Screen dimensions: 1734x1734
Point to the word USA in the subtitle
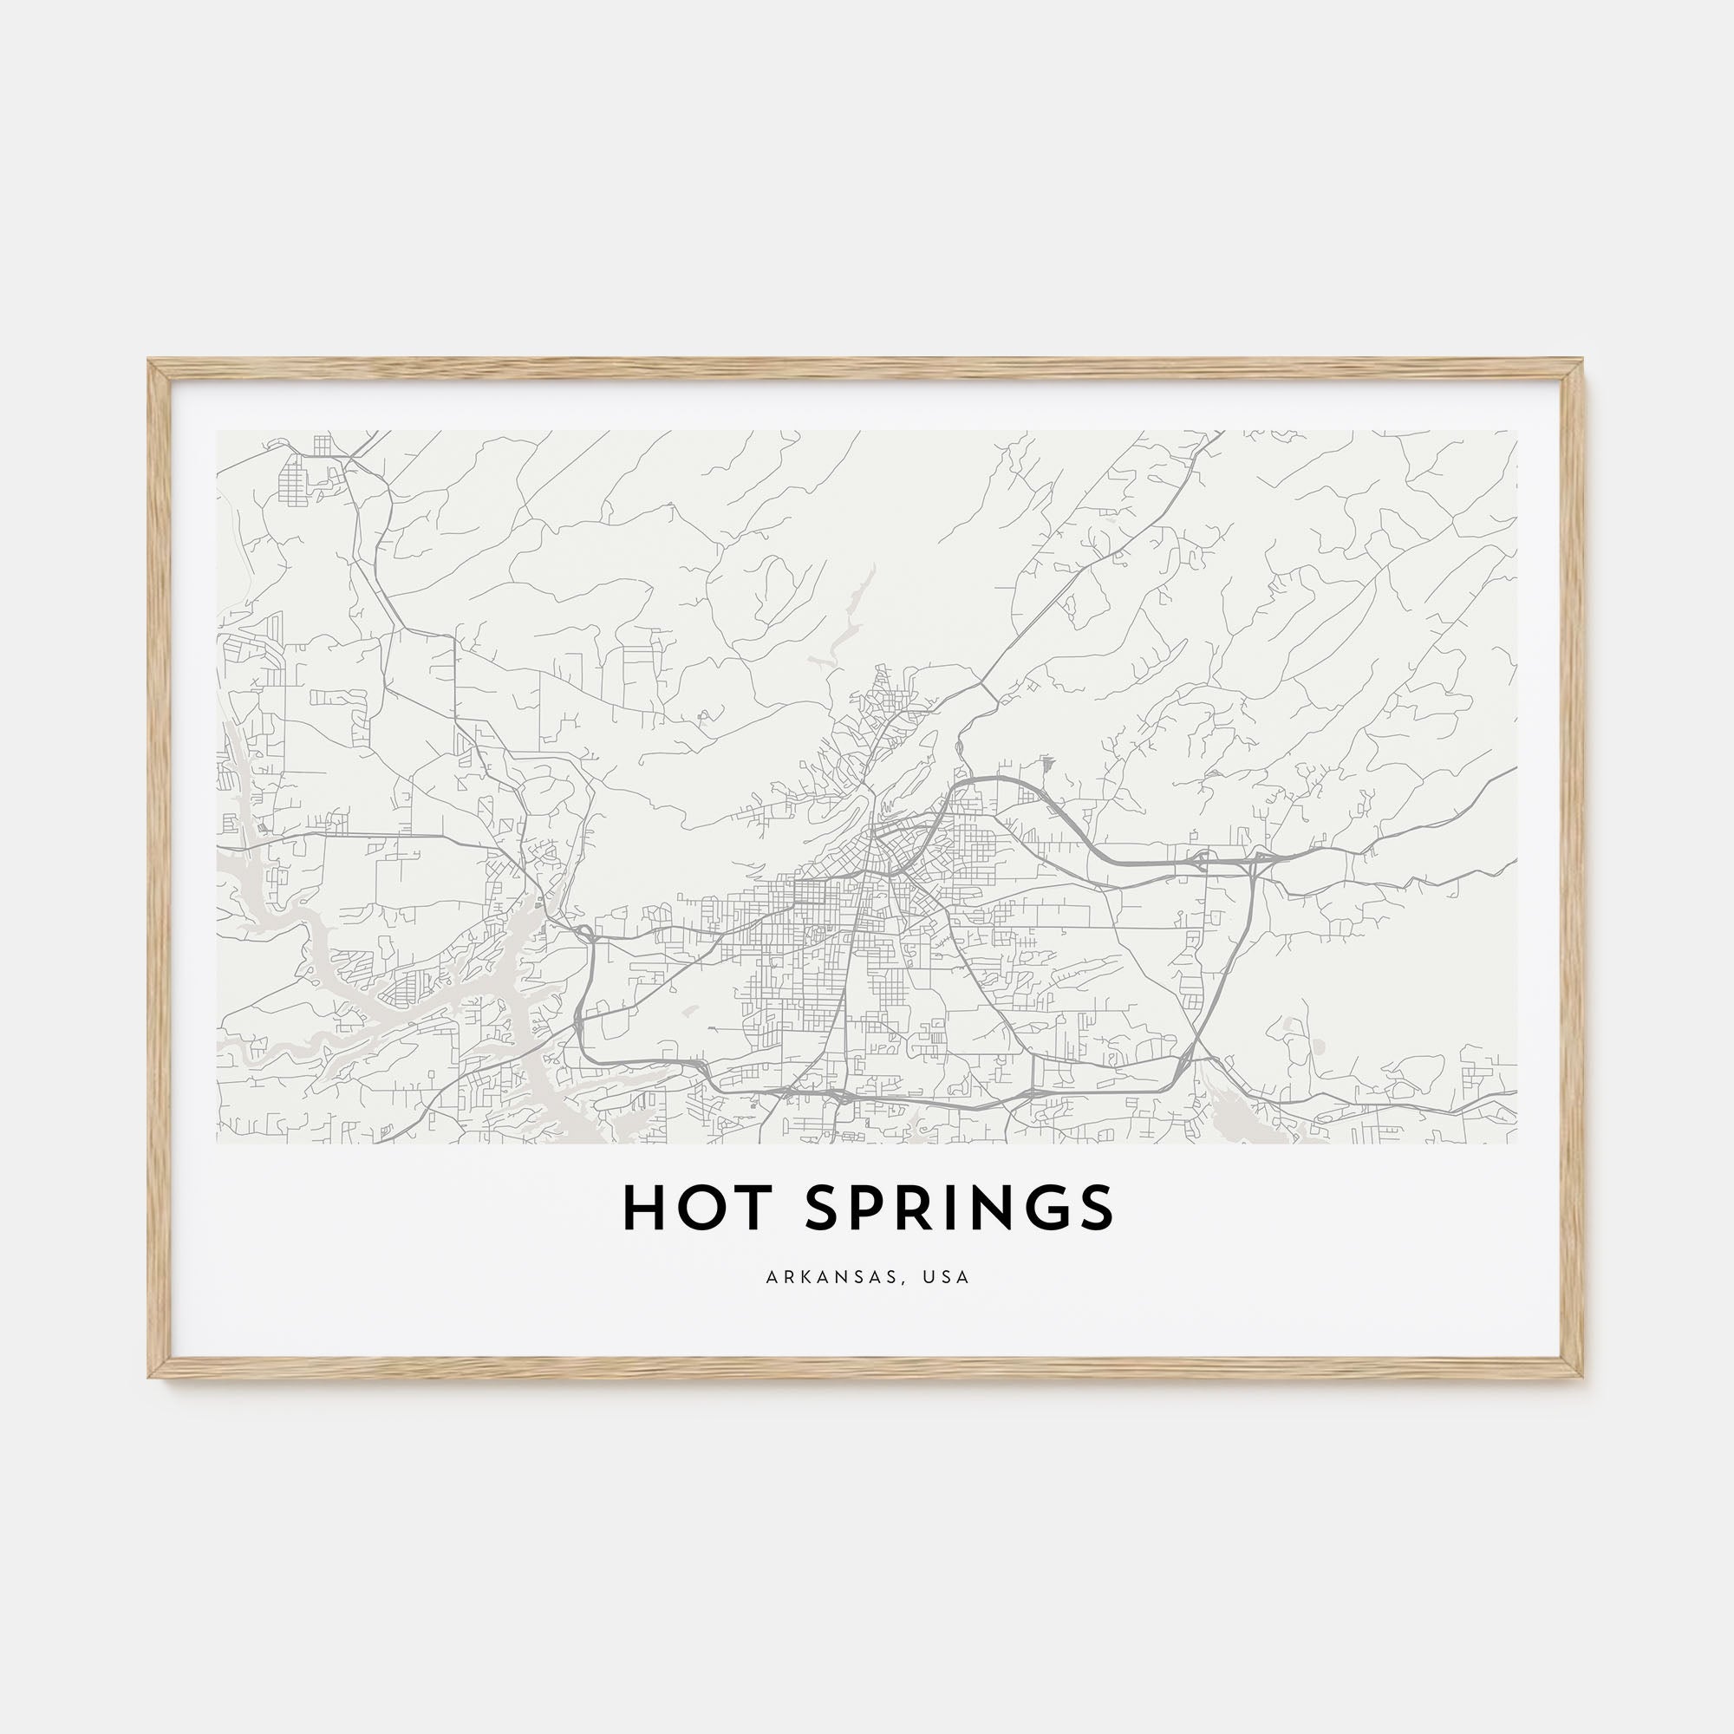(x=950, y=1277)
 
